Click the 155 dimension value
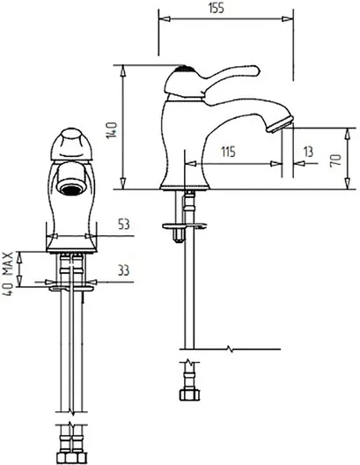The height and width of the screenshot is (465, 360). tap(216, 8)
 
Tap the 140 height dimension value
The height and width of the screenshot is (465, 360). tap(112, 130)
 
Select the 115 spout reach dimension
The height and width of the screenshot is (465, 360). tap(228, 151)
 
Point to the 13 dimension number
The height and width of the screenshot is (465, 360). tap(308, 151)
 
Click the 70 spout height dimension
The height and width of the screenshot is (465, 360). tap(335, 160)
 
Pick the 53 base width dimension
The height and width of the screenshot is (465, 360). tap(124, 225)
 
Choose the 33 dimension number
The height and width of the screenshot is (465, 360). tap(123, 270)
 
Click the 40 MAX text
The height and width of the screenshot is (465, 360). tap(8, 274)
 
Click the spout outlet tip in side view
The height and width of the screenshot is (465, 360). tap(280, 125)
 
